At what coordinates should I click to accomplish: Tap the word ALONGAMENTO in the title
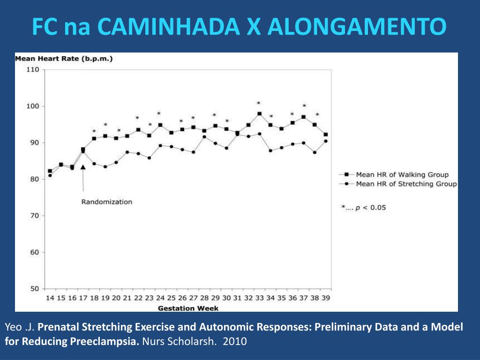point(357,27)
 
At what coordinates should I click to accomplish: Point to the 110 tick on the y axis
point(32,70)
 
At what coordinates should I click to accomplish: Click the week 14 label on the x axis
point(50,298)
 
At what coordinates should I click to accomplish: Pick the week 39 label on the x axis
point(325,298)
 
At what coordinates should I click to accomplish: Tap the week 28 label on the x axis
point(204,298)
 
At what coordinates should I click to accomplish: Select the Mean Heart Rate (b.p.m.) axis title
point(64,59)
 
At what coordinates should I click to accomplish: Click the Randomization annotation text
point(107,202)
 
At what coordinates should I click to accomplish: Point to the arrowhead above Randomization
point(83,167)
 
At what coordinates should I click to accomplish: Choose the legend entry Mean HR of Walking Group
point(402,175)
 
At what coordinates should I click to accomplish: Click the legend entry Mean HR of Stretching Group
point(406,184)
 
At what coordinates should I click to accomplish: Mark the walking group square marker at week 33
point(259,113)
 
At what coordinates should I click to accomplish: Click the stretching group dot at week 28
point(204,137)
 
